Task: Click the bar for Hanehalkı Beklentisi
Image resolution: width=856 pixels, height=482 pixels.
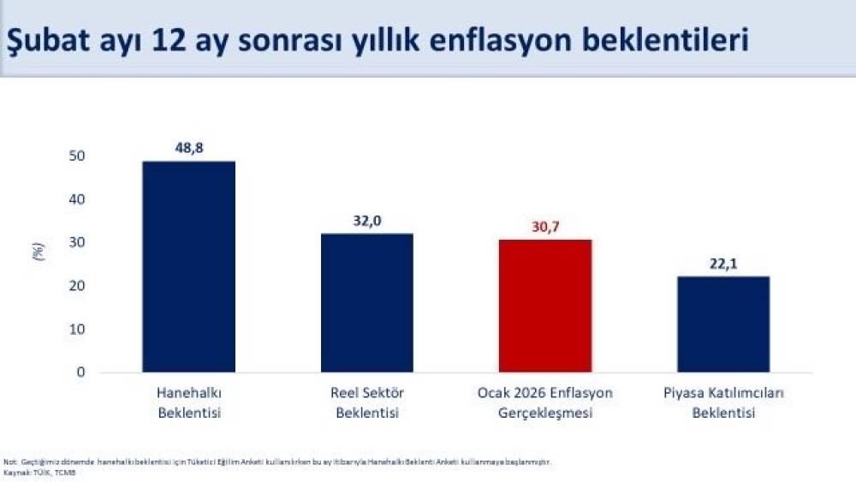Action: click(x=189, y=266)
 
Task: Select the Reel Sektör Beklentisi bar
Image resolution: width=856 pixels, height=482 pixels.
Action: click(x=366, y=302)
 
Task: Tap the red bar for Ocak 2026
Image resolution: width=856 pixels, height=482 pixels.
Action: click(x=545, y=306)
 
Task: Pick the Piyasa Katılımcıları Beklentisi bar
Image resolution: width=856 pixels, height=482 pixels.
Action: click(x=724, y=324)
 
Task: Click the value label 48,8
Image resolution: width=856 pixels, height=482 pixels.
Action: click(x=189, y=147)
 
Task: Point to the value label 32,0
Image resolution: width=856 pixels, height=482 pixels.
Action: click(x=366, y=220)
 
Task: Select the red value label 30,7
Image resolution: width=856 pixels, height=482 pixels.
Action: click(x=545, y=226)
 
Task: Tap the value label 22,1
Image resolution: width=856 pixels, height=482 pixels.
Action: click(x=724, y=263)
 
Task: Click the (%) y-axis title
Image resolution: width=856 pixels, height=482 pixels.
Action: click(x=37, y=252)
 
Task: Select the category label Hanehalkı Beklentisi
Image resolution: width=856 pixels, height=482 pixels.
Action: click(x=189, y=402)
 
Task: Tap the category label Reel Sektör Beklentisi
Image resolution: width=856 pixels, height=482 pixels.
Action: click(x=366, y=402)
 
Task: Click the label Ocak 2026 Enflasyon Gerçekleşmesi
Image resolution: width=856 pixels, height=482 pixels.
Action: click(x=545, y=402)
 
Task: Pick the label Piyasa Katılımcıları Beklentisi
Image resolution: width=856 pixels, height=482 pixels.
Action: click(x=724, y=402)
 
